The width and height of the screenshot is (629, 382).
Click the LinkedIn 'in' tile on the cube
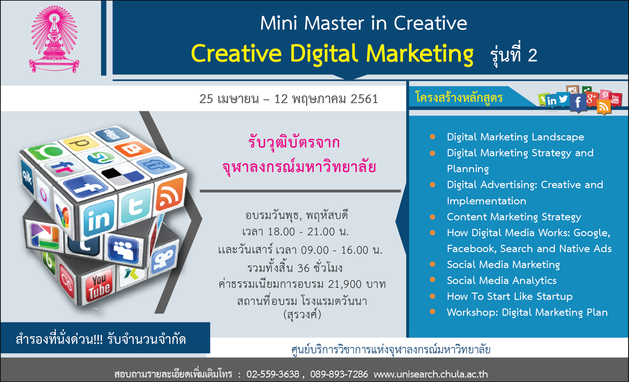(x=99, y=219)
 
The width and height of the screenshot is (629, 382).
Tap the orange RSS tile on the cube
(x=169, y=195)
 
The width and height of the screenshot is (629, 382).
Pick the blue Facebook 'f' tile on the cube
(x=85, y=187)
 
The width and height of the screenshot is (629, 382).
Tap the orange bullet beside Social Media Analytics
(x=432, y=280)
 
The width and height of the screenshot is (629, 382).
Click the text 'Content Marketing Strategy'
(x=514, y=217)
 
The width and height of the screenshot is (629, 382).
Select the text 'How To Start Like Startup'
(x=510, y=296)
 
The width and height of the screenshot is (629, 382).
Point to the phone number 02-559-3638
(x=273, y=374)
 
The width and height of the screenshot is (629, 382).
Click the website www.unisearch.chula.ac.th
(x=431, y=374)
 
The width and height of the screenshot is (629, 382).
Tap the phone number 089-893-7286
(x=339, y=374)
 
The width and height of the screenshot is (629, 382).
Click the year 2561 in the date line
(x=364, y=99)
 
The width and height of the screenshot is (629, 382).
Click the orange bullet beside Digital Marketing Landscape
(x=432, y=137)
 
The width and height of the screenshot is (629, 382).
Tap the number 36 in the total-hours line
(x=303, y=268)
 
